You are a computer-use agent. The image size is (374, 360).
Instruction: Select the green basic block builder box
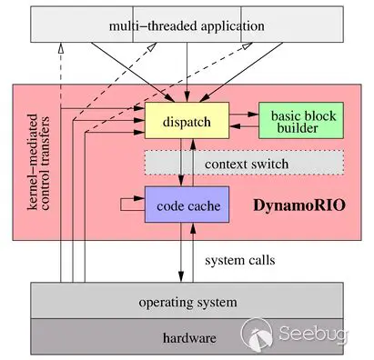(x=301, y=121)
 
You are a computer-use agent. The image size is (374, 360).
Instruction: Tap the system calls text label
(x=239, y=260)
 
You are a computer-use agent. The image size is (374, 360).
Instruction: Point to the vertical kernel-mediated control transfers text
(x=42, y=161)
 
